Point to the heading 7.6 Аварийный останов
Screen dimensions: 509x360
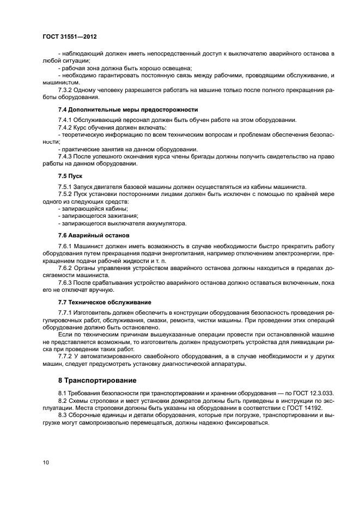(94, 236)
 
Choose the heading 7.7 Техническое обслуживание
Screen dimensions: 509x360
(105, 302)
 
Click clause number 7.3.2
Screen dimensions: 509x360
(66, 89)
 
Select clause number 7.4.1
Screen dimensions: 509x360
(66, 120)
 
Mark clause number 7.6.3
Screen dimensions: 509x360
(66, 283)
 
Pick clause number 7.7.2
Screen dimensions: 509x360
(66, 356)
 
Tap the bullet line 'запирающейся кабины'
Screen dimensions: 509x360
(93, 208)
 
